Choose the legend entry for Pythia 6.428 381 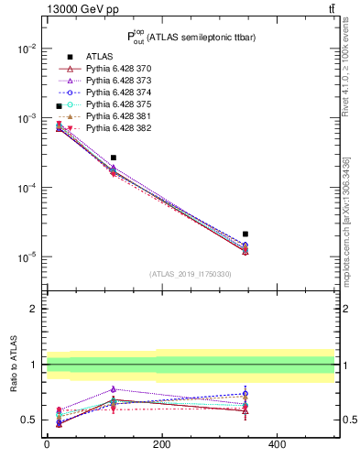117,116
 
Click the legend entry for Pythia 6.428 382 117,128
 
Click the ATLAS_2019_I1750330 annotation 191,274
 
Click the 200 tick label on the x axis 161,444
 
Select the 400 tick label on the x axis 276,444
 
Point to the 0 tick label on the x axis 47,444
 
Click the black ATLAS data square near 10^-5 245,234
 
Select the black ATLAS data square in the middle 114,158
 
